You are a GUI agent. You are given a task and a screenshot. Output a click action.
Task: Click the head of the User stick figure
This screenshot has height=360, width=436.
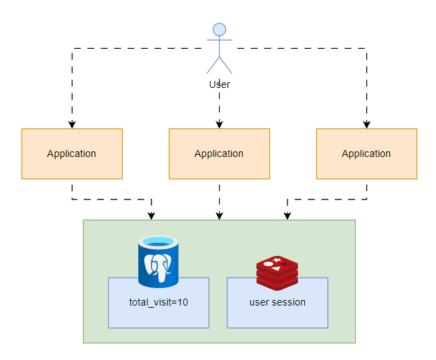click(219, 29)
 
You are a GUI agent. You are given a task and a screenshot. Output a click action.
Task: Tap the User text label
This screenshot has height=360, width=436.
click(219, 84)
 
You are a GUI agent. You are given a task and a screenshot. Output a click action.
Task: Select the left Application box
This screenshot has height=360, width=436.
click(72, 153)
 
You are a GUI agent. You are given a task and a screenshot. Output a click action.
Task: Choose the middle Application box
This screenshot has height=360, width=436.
click(219, 153)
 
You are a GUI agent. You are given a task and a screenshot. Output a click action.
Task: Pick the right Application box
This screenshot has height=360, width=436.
click(366, 153)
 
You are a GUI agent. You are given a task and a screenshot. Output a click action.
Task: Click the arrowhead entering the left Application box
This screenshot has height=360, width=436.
click(72, 124)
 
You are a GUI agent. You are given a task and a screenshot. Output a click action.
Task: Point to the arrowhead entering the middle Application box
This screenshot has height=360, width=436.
click(219, 124)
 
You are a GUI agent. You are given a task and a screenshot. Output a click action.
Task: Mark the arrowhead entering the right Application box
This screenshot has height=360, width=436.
click(366, 124)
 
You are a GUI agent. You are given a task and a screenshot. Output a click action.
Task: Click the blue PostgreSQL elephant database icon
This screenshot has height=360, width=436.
click(158, 262)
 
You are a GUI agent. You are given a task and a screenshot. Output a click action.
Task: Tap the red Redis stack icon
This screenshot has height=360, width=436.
click(277, 272)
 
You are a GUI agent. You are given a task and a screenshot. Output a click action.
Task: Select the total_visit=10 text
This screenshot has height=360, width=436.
click(158, 303)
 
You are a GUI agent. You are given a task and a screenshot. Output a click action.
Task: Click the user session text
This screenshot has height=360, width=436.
click(277, 303)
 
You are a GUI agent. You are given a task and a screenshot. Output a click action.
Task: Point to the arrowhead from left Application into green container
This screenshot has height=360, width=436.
click(152, 216)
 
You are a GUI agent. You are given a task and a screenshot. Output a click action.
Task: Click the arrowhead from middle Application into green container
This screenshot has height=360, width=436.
click(219, 216)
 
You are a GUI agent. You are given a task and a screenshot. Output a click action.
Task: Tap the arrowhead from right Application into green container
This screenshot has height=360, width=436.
click(286, 216)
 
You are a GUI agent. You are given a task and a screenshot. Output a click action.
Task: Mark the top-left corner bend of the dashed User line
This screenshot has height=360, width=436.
click(72, 48)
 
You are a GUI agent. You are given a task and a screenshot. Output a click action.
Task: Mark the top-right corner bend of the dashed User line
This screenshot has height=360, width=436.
click(366, 48)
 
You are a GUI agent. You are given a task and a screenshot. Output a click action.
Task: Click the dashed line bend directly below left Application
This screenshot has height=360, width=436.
click(72, 199)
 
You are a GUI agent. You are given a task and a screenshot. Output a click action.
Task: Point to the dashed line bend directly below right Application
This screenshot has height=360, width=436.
click(366, 199)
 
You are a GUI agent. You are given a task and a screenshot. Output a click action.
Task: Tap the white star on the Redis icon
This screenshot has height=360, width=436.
click(277, 260)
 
